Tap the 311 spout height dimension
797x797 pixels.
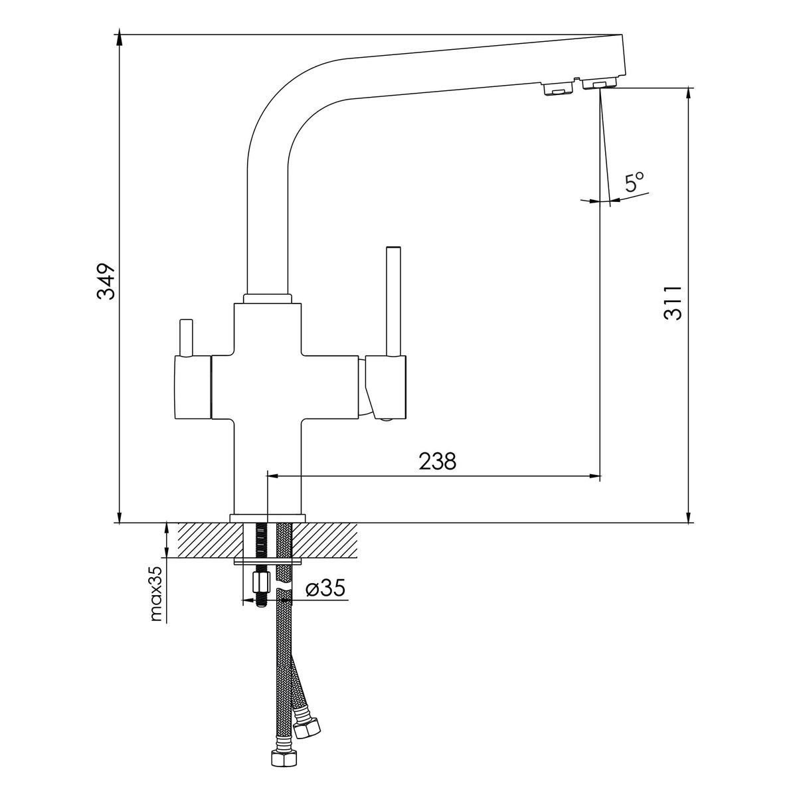click(x=672, y=302)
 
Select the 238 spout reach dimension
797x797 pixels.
click(x=438, y=461)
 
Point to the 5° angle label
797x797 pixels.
click(x=635, y=183)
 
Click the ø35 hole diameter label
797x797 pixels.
click(x=325, y=588)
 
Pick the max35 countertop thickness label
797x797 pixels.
click(x=157, y=594)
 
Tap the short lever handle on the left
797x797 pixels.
click(x=186, y=337)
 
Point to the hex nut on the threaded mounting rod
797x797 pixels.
click(x=261, y=582)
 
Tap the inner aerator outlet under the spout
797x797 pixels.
click(x=557, y=88)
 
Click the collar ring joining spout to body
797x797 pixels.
click(x=268, y=299)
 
